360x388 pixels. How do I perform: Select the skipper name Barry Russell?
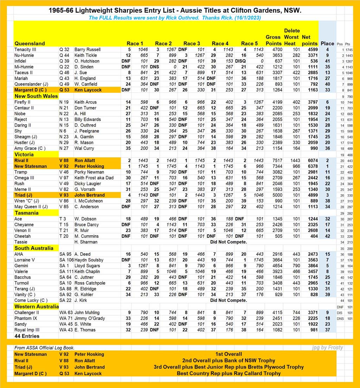87,50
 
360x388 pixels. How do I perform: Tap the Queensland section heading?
30,43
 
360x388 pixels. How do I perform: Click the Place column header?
327,43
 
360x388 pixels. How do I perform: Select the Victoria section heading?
24,154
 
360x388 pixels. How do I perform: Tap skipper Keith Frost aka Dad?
94,178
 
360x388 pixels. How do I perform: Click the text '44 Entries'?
27,336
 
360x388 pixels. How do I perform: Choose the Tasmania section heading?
26,213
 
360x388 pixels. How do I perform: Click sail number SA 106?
66,260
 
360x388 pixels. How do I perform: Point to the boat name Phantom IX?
26,318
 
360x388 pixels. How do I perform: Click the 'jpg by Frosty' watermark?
327,348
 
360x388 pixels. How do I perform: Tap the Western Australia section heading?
37,306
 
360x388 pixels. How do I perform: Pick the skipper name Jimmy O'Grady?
90,318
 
